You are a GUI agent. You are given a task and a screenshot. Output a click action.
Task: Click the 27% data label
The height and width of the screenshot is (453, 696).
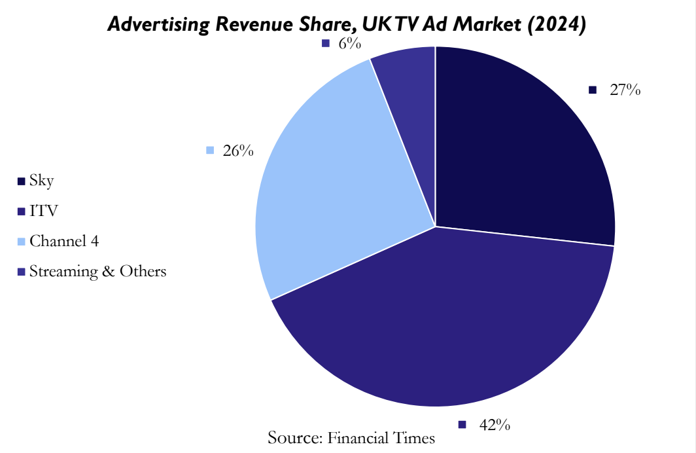625,90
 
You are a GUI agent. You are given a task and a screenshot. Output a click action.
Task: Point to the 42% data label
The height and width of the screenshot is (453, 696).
495,425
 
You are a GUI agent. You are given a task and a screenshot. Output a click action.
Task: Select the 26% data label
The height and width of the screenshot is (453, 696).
238,151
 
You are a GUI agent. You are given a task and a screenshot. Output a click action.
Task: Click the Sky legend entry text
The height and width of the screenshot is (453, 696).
41,181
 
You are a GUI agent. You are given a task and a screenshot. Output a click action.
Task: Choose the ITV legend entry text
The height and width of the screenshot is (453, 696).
44,211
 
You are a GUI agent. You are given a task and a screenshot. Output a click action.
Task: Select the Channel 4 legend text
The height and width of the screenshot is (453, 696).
64,241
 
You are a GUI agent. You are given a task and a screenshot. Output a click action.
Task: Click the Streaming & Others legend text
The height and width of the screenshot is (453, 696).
97,271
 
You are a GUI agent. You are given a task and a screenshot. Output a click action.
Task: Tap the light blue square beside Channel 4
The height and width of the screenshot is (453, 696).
22,242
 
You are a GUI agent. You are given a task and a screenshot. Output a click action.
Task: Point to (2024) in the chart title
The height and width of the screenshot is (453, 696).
555,25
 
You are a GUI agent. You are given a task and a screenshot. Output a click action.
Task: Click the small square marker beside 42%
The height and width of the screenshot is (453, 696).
462,425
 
